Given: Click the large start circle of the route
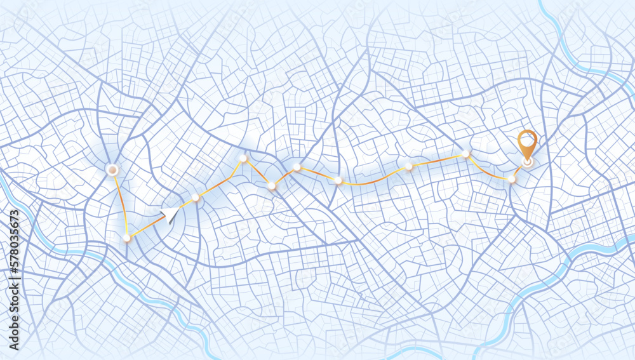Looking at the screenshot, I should coord(112,170).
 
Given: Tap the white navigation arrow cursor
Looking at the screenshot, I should coord(170,215).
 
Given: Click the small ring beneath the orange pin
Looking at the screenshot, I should coord(526,162).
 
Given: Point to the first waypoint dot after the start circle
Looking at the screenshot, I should coord(127,238).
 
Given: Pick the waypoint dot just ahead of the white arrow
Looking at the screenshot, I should coord(196,198).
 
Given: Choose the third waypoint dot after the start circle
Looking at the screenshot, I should coord(243,158).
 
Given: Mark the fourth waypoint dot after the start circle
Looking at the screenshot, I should coord(272,186).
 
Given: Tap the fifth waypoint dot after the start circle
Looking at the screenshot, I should coord(297,167).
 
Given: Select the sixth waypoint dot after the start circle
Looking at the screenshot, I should coord(338,181).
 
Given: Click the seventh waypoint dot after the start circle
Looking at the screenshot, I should coord(409,166).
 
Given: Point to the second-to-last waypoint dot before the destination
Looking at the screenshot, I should coord(465,154).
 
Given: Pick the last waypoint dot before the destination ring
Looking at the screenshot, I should coord(511,179).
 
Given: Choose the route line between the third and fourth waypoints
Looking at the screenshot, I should coord(257,172).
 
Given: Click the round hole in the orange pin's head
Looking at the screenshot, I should coord(526,138).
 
